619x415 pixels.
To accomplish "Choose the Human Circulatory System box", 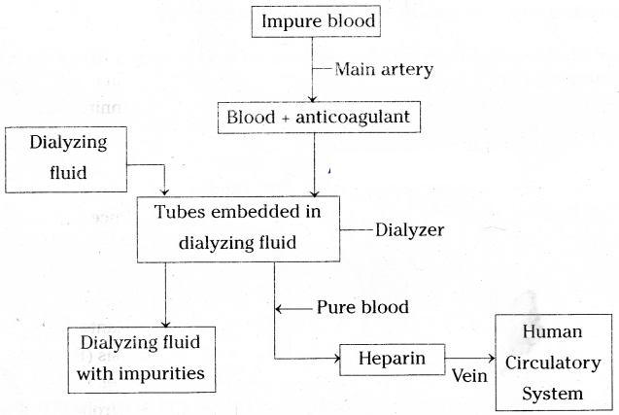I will pos(552,364).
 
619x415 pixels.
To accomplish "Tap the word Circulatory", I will pos(552,364).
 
